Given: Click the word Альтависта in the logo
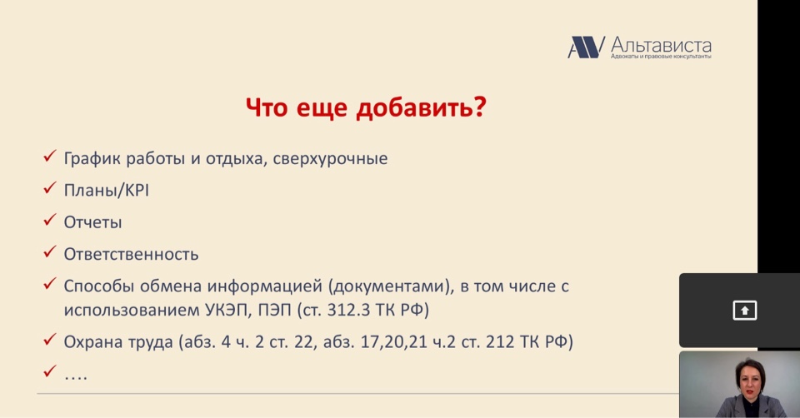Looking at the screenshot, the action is pos(661,44).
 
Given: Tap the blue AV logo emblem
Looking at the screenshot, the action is pos(586,47).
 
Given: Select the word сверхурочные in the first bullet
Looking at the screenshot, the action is pos(330,158).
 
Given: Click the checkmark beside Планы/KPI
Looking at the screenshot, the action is pos(49,188).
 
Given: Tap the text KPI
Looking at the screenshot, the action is pos(137,190).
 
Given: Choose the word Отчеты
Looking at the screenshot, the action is pos(92,222).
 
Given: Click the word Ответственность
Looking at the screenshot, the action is pos(131,254).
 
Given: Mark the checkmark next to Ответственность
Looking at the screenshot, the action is pos(49,251).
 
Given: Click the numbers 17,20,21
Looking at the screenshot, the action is pos(394,341).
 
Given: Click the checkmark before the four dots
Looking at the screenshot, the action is pos(49,371).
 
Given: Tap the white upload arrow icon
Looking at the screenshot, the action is pos(745,311).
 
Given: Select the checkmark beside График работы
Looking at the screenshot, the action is pos(49,156).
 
